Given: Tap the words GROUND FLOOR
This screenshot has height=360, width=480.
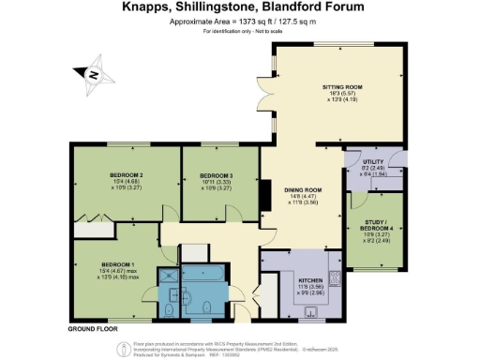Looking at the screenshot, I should point(93,330).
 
